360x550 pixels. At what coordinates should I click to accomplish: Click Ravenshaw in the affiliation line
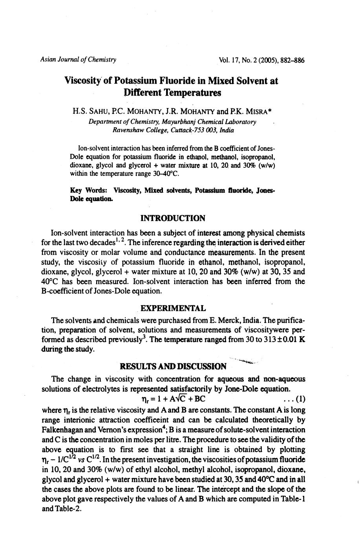point(128,130)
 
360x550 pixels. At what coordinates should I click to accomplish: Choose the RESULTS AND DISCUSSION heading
point(173,367)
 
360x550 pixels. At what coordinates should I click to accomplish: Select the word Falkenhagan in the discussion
point(65,430)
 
